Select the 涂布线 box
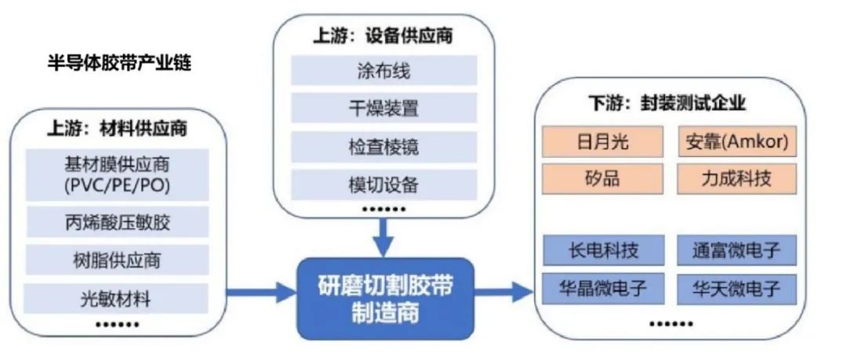384,71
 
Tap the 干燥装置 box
384,108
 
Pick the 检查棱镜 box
384,146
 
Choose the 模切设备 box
384,185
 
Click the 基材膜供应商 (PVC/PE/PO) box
117,175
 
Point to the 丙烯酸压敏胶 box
117,222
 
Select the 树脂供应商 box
117,260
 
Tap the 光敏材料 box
117,298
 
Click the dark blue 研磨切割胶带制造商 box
385,298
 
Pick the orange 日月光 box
603,141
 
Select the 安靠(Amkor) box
736,141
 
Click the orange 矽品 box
603,178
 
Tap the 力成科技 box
736,178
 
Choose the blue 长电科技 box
603,250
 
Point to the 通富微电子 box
736,250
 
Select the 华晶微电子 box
603,288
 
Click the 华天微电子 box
736,288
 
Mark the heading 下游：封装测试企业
667,103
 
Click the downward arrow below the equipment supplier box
384,236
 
